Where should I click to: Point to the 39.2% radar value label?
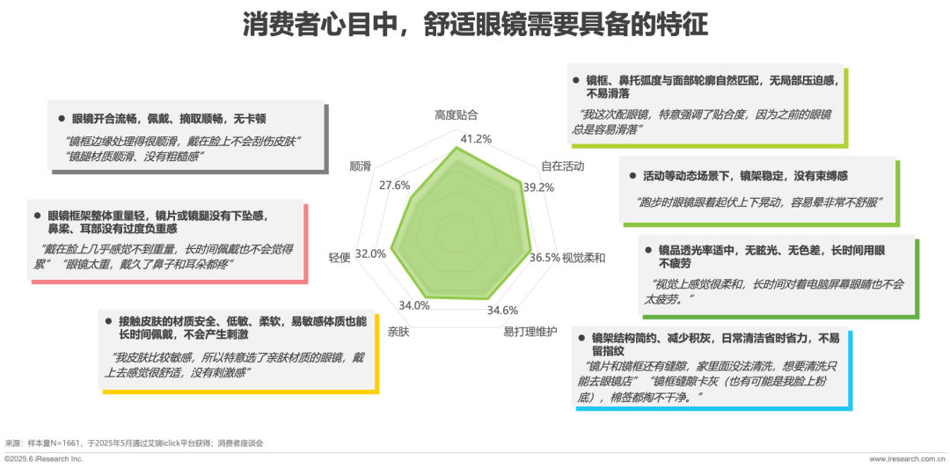pos(538,187)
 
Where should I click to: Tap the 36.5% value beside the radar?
pos(545,258)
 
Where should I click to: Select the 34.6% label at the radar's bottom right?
pos(503,310)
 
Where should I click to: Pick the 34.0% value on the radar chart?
pos(413,305)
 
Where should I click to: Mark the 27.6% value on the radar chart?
pos(395,186)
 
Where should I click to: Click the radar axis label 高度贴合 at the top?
pos(457,114)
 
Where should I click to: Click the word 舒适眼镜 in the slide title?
pos(467,26)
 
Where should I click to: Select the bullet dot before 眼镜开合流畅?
pos(62,118)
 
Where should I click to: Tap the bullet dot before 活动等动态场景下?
pos(632,176)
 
